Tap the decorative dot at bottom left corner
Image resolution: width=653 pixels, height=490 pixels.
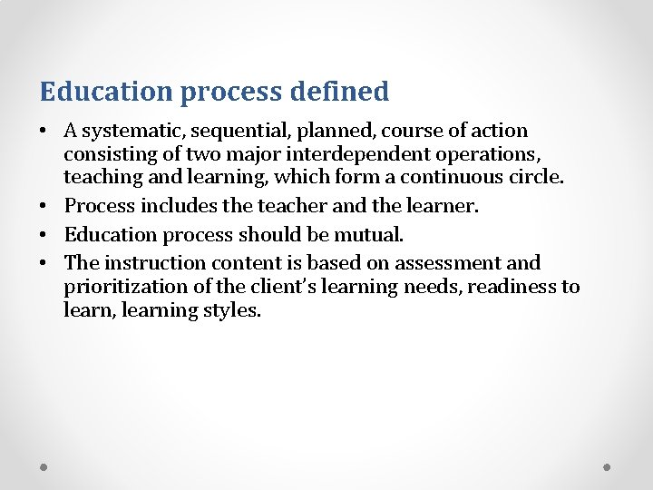pyautogui.click(x=44, y=467)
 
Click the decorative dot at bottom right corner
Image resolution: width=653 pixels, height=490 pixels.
pyautogui.click(x=608, y=467)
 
